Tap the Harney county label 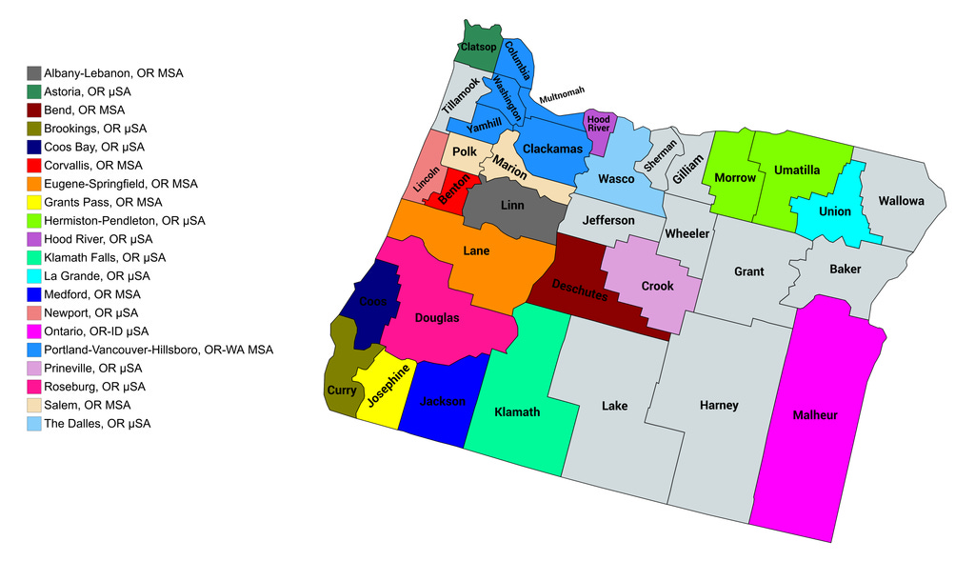(719, 406)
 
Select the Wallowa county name (901, 201)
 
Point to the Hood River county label (598, 122)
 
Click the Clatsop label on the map (478, 47)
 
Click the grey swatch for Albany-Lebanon (34, 73)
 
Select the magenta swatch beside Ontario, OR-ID (34, 331)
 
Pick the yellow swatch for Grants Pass (34, 202)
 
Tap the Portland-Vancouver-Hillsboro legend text (158, 350)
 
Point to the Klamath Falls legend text (105, 257)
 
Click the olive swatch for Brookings (34, 129)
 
